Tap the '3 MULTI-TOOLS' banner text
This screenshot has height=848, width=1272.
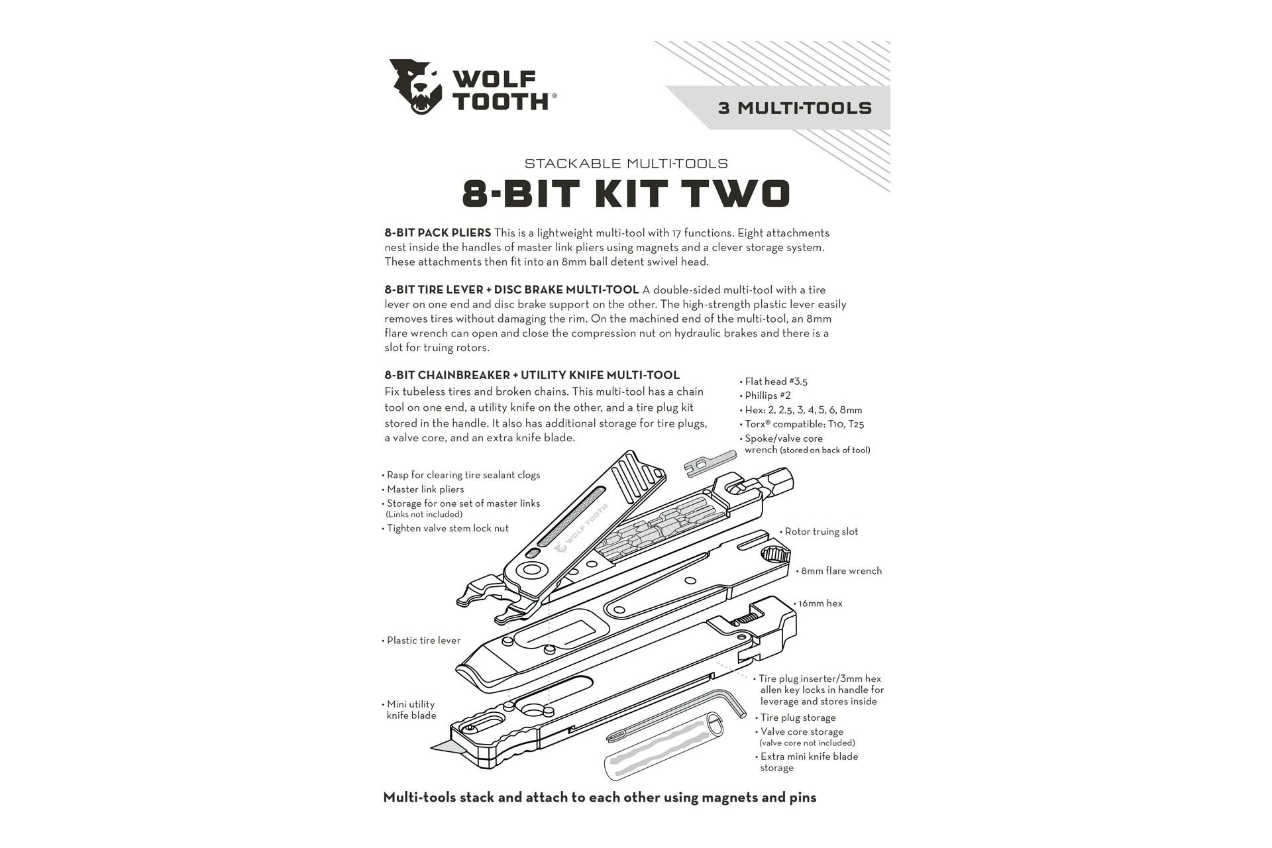(x=794, y=108)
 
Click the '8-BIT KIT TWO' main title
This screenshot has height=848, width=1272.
(x=625, y=193)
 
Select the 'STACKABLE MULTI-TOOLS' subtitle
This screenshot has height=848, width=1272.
(x=626, y=163)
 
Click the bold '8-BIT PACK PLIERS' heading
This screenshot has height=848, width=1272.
(x=438, y=233)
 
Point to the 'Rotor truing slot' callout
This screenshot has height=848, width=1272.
(x=821, y=531)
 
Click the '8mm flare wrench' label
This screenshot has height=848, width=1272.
(x=841, y=570)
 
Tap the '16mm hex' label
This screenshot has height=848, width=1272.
(x=820, y=604)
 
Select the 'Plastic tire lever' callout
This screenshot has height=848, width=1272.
(x=423, y=641)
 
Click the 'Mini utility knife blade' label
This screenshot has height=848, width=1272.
(x=411, y=710)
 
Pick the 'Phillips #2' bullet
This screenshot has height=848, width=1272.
(x=767, y=396)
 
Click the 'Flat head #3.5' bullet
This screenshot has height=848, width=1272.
(x=776, y=382)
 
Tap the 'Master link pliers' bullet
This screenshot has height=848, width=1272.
(x=425, y=490)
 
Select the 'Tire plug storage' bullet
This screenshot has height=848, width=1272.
(x=798, y=717)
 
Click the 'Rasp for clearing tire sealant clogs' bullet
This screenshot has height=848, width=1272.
(x=463, y=475)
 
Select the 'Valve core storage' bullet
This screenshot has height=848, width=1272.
(x=802, y=732)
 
